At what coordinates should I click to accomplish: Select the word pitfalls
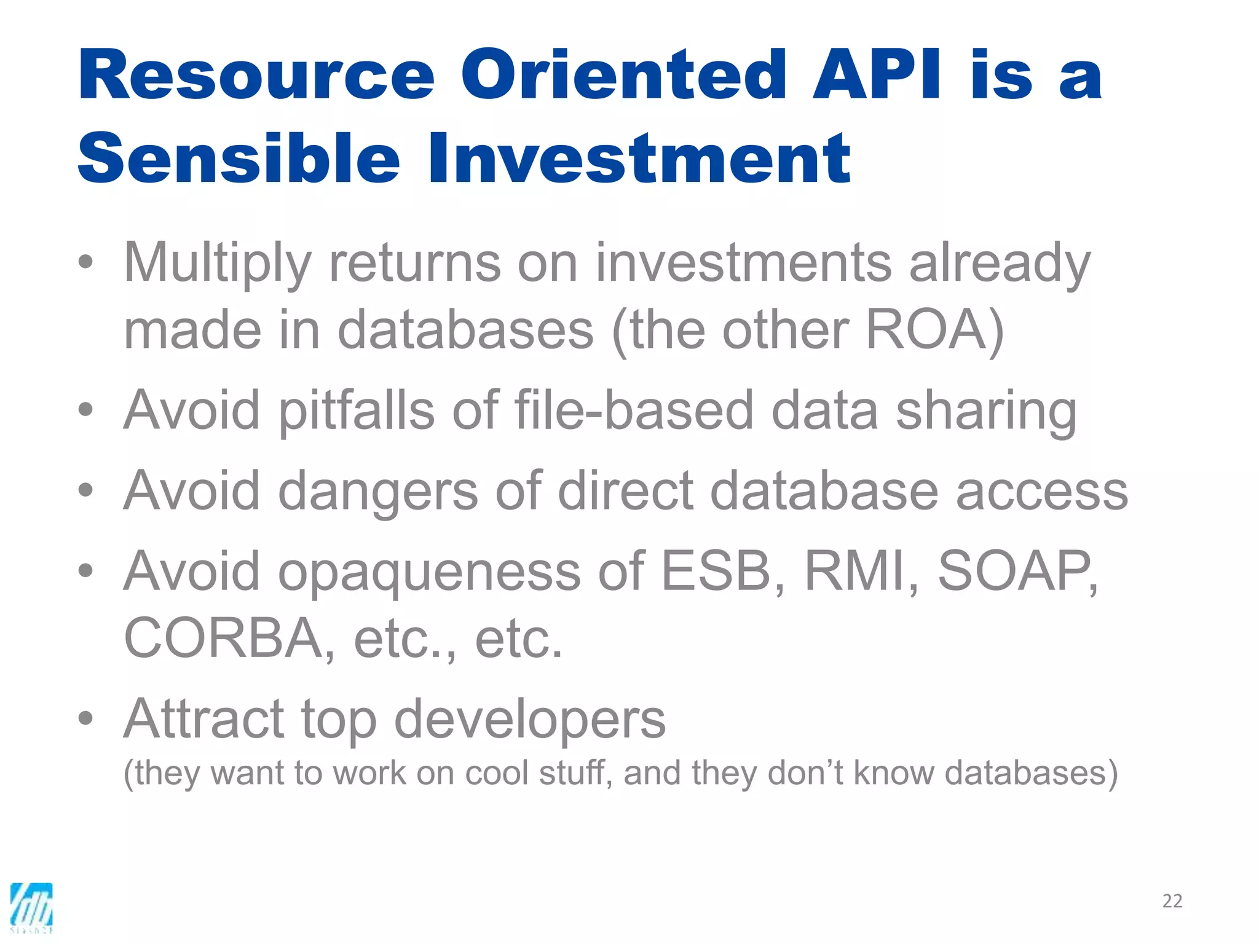point(357,411)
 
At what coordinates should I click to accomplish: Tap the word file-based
point(634,410)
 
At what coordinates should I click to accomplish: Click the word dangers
point(378,492)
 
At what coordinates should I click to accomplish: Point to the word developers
point(529,720)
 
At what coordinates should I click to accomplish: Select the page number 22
point(1172,901)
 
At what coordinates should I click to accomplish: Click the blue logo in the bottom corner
point(31,907)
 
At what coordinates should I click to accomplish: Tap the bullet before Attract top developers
point(86,718)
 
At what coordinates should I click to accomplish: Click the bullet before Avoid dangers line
point(86,490)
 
